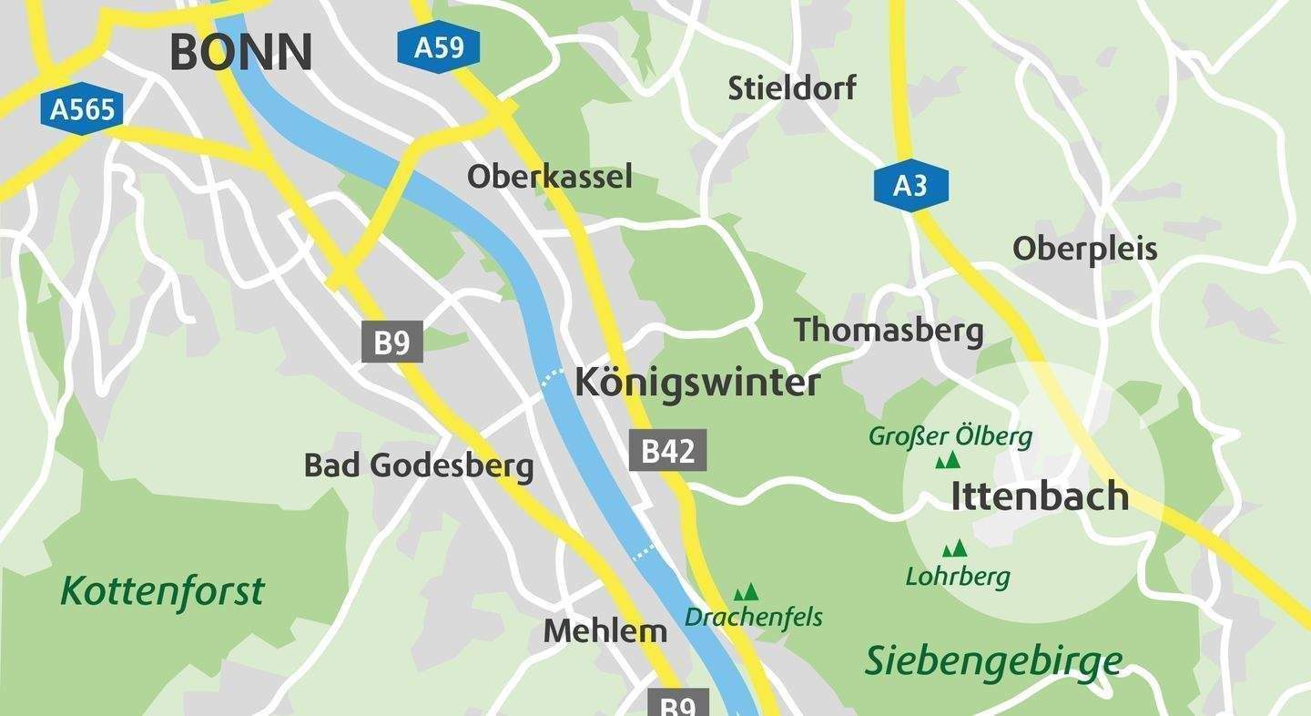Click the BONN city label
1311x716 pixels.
tap(241, 52)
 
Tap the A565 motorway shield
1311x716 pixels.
tap(83, 110)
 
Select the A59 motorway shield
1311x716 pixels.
tap(439, 46)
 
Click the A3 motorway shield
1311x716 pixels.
tap(910, 186)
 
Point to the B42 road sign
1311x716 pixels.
tap(668, 451)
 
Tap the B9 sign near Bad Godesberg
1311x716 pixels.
tap(392, 343)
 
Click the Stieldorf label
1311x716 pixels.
tap(792, 88)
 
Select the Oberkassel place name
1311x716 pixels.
tap(549, 177)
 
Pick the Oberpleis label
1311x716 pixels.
tap(1084, 249)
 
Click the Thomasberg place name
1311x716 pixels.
tap(889, 330)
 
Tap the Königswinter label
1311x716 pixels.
tap(697, 383)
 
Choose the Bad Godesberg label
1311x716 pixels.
tap(419, 465)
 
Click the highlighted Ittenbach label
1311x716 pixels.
tap(1040, 496)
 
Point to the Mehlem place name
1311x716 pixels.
tap(605, 631)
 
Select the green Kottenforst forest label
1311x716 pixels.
tap(162, 591)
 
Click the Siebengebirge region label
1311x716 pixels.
tap(992, 661)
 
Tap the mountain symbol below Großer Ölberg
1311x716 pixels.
tap(948, 461)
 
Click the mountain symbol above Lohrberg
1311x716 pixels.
tap(954, 548)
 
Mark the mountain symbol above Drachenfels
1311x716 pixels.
tap(747, 592)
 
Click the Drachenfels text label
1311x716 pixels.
tap(754, 618)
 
